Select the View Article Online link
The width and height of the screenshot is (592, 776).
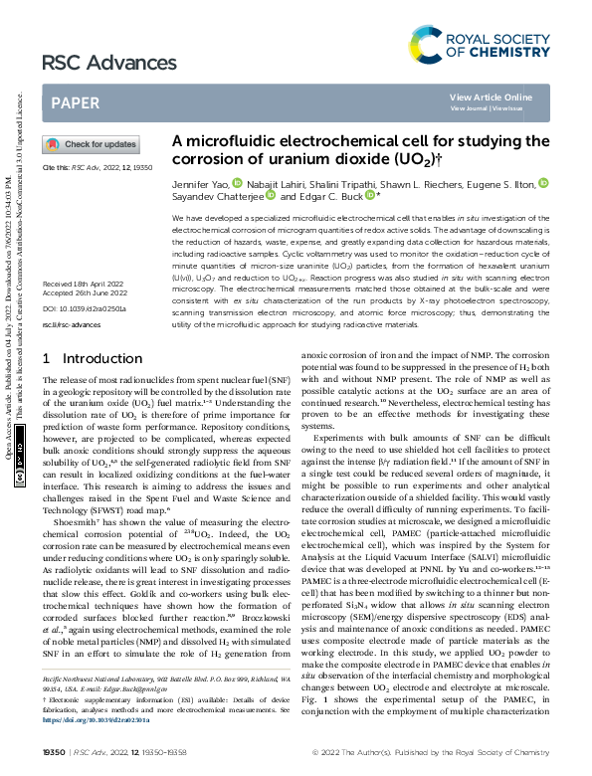[491, 97]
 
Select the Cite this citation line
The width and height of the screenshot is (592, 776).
[98, 168]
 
